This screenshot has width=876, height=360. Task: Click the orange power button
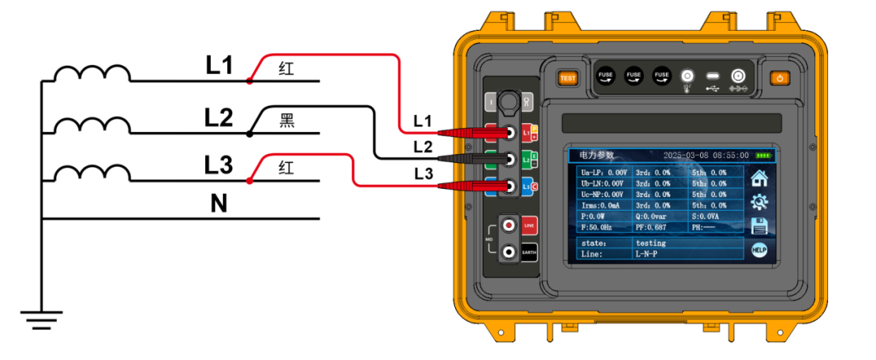779,79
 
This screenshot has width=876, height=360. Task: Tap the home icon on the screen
759,178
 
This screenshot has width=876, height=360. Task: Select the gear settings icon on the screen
759,203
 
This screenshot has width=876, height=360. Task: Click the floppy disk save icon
759,226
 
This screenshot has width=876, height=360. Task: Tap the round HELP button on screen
759,251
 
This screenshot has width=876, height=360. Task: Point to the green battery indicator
763,155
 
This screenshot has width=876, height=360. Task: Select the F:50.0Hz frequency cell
601,228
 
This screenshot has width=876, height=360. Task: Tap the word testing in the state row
651,242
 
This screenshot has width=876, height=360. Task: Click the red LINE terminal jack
509,224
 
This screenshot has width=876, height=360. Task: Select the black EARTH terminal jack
509,252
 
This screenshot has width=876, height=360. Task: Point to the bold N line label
218,204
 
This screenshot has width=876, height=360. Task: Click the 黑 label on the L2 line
287,121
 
